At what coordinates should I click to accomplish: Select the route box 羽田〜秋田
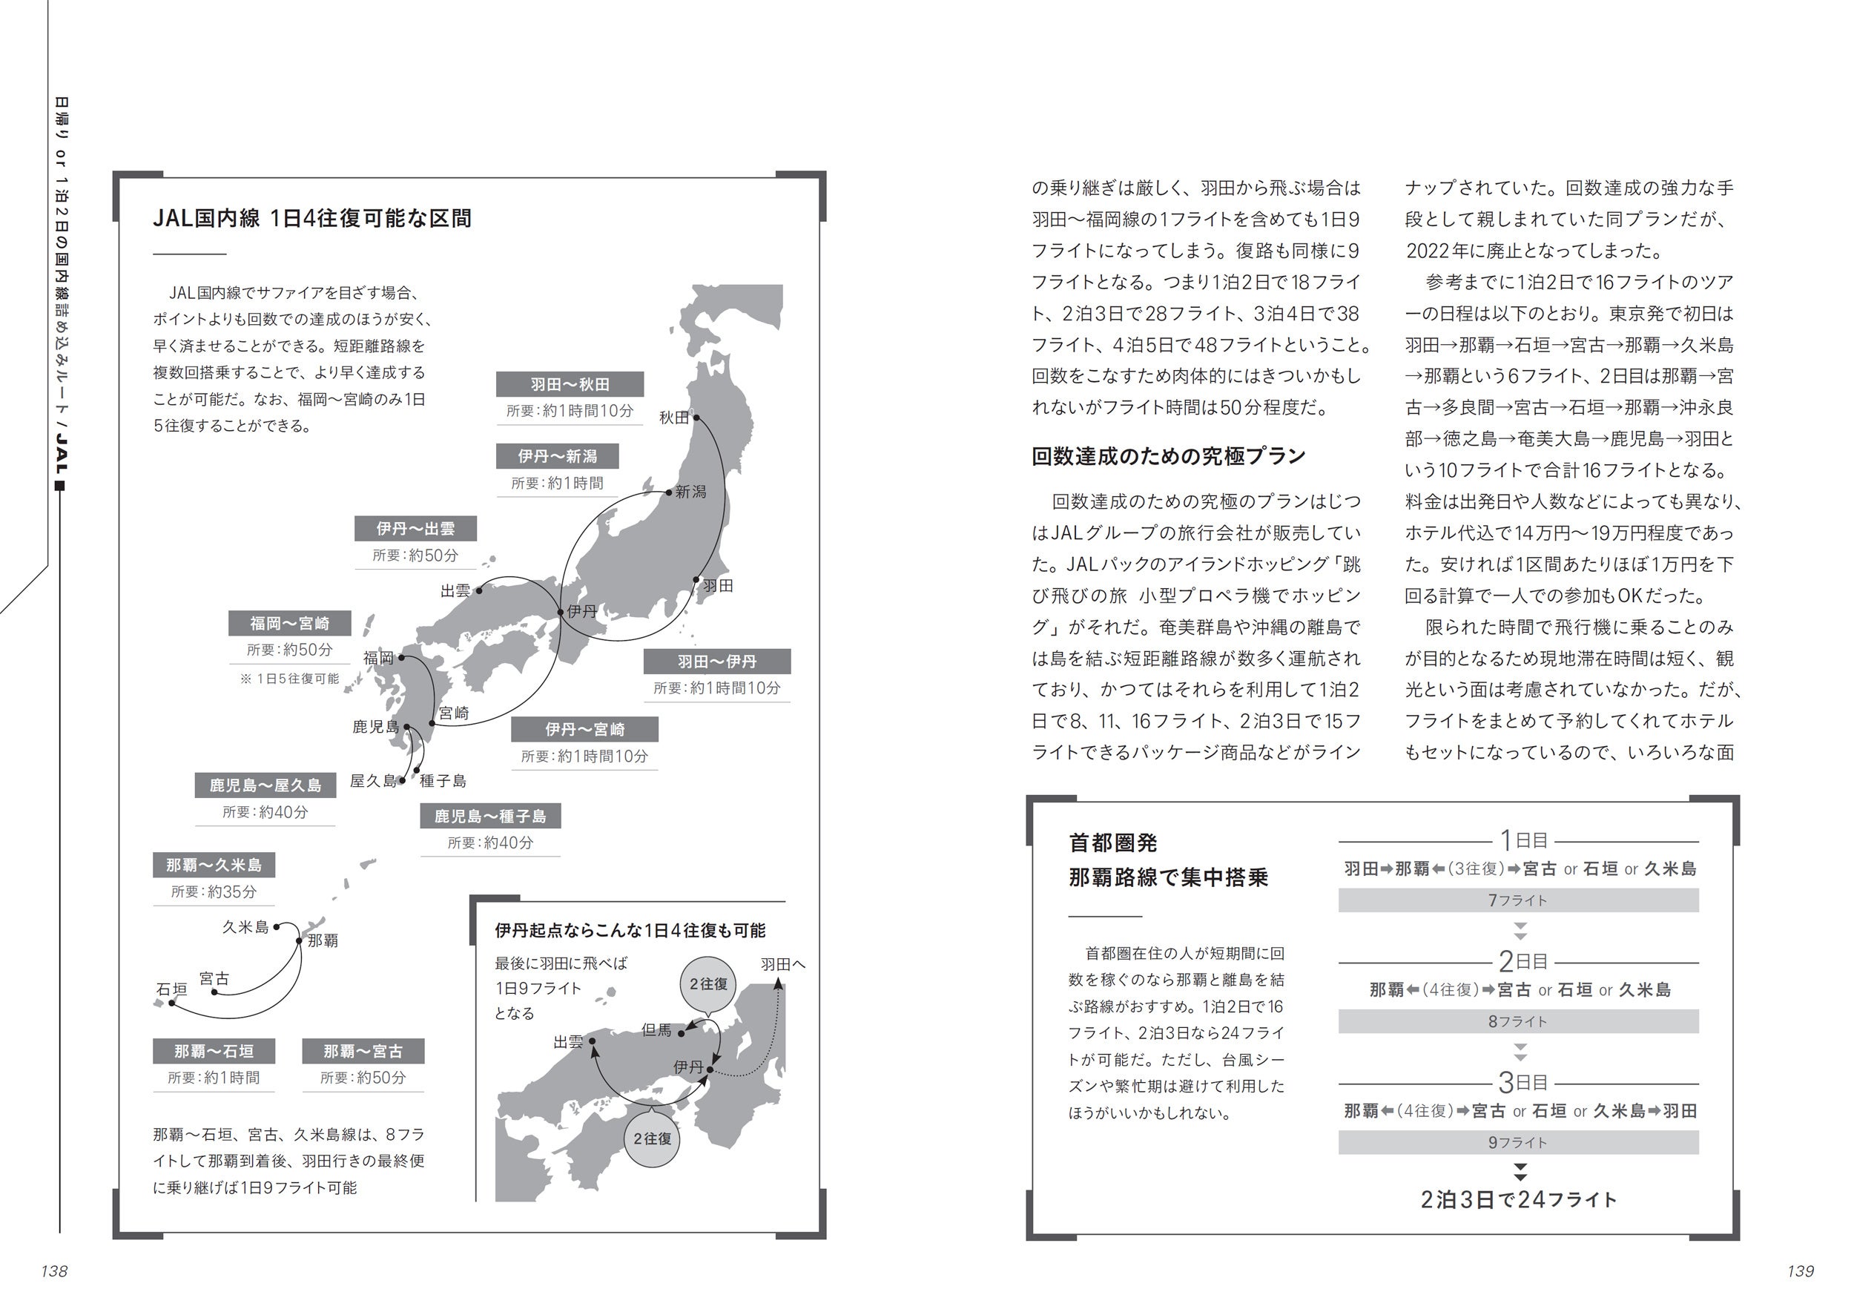[570, 384]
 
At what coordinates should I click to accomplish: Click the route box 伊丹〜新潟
[558, 456]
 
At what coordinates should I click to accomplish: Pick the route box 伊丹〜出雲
[415, 529]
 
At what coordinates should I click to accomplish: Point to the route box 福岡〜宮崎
[289, 624]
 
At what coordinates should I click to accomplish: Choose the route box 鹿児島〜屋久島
[265, 785]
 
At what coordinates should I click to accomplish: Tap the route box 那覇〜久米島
[214, 866]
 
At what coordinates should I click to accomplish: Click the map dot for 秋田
[696, 418]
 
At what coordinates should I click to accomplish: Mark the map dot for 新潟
[669, 491]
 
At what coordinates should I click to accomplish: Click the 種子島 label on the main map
[443, 781]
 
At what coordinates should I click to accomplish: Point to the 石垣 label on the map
[171, 989]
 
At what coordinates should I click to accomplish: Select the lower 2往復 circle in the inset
[652, 1138]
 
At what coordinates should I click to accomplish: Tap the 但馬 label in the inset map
[656, 1030]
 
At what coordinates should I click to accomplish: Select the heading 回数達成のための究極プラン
[1168, 456]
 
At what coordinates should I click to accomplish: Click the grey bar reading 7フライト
[1518, 900]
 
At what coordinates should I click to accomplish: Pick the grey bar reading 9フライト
[1518, 1142]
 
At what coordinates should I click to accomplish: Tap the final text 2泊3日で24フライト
[1519, 1200]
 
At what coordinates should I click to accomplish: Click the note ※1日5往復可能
[290, 679]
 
